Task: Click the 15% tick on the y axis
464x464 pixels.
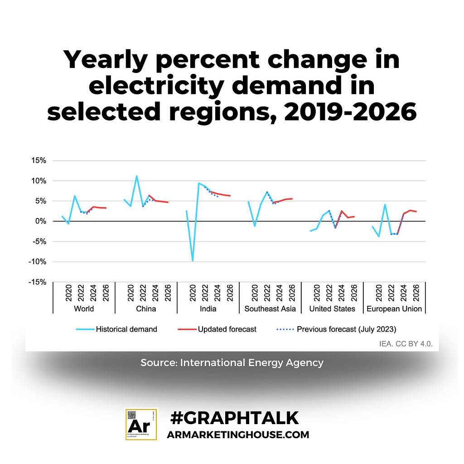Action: (x=39, y=160)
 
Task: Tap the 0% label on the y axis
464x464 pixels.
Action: (x=41, y=221)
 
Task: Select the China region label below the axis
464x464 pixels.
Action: (x=146, y=309)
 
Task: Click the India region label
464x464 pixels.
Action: (x=208, y=309)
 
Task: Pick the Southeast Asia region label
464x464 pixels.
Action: (x=270, y=309)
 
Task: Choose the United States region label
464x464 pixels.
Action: (x=332, y=309)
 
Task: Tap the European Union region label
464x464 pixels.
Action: (x=394, y=309)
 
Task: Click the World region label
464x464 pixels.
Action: (x=84, y=309)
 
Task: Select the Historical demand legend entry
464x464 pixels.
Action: (x=126, y=329)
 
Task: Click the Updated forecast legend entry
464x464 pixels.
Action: (x=227, y=329)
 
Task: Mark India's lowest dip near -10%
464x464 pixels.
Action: (x=193, y=261)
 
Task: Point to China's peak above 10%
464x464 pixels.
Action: (x=136, y=176)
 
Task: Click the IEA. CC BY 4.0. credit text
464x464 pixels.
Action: (x=406, y=344)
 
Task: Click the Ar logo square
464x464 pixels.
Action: (x=141, y=424)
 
